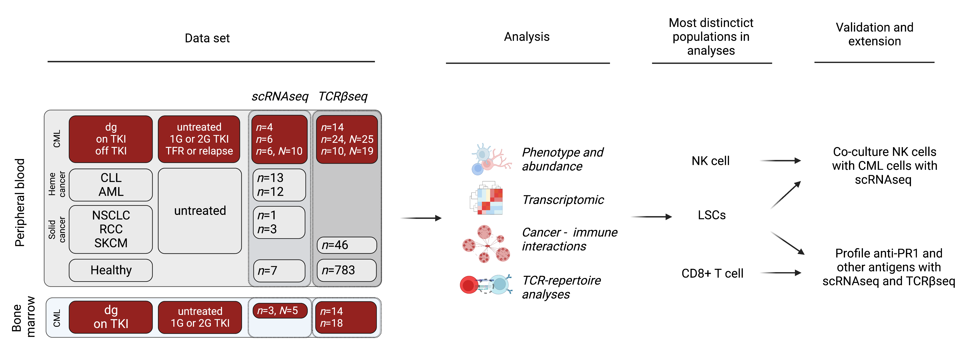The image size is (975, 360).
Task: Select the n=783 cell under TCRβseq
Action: [x=347, y=270]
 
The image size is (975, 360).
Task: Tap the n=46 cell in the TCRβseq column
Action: [x=347, y=245]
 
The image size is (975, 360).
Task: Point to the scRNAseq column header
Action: [x=280, y=96]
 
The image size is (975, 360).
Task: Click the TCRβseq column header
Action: [x=343, y=96]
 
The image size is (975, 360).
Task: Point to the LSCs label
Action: [x=712, y=215]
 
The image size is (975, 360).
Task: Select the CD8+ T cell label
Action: [x=712, y=273]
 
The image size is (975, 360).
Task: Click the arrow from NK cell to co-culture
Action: [x=780, y=161]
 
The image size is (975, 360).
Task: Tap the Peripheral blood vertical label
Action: [x=20, y=202]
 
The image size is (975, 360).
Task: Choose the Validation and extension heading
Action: [x=874, y=34]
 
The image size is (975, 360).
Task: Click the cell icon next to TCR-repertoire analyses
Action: [x=486, y=285]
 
